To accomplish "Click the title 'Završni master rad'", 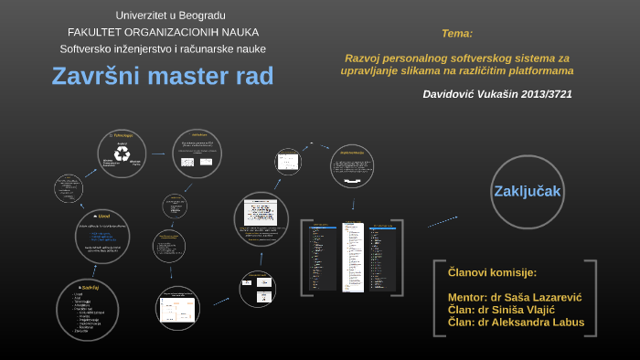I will (162, 76).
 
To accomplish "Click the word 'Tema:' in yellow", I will (456, 33).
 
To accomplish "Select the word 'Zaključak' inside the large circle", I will (527, 191).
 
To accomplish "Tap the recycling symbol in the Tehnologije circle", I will (121, 155).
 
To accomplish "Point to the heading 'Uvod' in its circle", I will (102, 216).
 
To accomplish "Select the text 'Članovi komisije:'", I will (492, 272).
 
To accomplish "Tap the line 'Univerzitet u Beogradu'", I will (170, 16).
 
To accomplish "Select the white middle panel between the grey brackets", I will (353, 256).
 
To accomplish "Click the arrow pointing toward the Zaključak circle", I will (443, 220).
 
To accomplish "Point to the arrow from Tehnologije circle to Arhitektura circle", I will (158, 154).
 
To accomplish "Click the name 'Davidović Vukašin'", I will (465, 94).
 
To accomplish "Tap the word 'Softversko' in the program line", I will (86, 48).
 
